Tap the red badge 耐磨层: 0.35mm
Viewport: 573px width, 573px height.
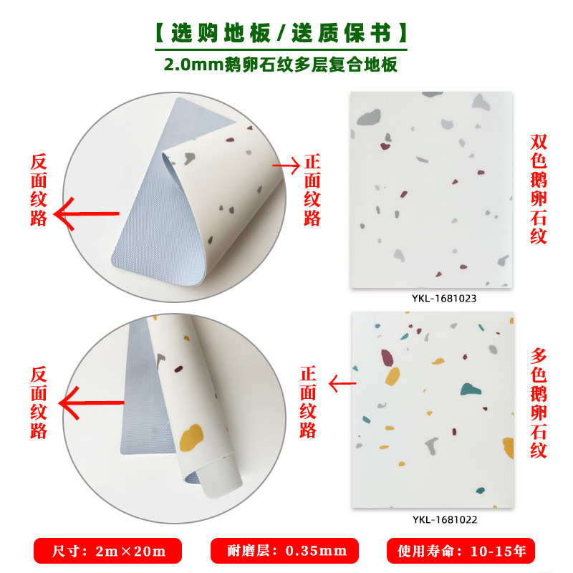point(284,551)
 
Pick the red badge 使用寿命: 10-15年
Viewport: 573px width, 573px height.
point(461,551)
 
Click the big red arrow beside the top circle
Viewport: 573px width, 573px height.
point(87,213)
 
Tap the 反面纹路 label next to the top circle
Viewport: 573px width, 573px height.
point(39,188)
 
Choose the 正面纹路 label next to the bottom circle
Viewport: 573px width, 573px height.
point(308,403)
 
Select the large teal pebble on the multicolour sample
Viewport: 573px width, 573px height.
point(470,390)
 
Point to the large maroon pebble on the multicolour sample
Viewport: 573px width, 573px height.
point(387,356)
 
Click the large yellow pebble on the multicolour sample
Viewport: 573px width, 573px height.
point(392,376)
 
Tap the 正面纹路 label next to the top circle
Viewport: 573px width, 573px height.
point(312,188)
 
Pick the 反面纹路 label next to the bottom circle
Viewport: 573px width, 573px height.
point(39,403)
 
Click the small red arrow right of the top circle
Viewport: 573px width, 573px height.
point(286,165)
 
